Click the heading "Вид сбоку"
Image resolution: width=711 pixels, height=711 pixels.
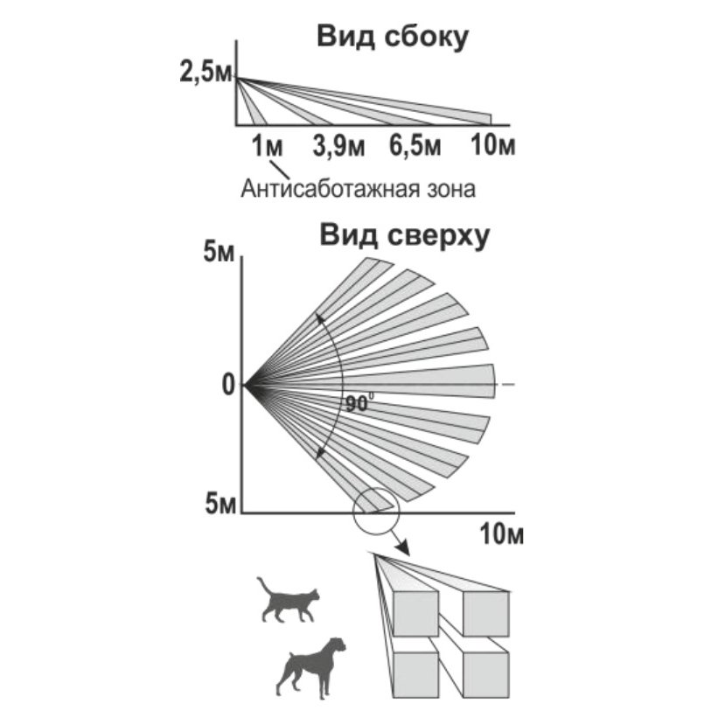coord(393,38)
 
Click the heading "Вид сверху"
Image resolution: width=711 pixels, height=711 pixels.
coord(404,236)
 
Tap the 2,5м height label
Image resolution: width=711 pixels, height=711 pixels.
coord(206,73)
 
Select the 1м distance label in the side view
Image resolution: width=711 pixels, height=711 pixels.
coord(267,146)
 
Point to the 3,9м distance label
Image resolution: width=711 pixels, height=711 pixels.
coord(338,146)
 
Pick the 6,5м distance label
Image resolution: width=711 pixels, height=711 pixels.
coord(415,146)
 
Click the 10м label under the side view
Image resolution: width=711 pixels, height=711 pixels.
coord(493,146)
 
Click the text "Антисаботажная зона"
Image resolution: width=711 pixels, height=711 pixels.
coord(359,189)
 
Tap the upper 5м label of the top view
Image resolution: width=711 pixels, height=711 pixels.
coord(219,252)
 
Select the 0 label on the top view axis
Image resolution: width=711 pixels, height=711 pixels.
coord(228,386)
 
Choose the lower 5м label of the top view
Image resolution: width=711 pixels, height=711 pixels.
coord(221,504)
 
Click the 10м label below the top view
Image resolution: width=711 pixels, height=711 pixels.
coord(502,534)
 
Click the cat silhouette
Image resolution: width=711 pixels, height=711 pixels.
coord(289,599)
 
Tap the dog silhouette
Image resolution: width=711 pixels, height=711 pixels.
coord(310,667)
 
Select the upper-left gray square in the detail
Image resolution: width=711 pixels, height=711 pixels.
coord(415,614)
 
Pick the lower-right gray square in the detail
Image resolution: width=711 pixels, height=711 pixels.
coord(486,675)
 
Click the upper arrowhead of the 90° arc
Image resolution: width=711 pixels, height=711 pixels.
coord(320,317)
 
